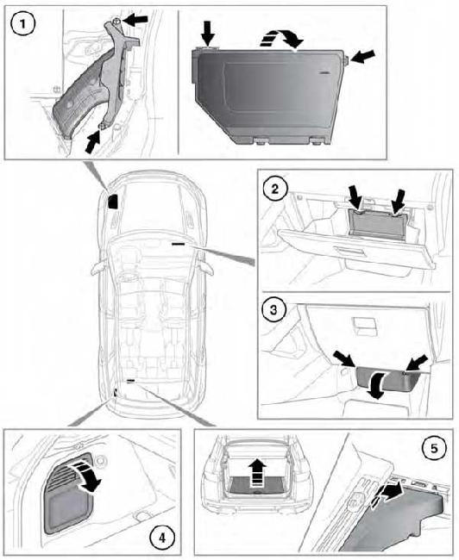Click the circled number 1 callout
pos(23,24)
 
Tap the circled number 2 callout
pos(274,189)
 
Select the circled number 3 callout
pos(274,309)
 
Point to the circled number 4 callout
pos(162,537)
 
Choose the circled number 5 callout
pos(434,448)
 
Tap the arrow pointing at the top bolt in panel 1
pos(135,21)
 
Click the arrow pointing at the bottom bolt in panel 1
pos(92,141)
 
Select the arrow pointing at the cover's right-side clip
pos(363,57)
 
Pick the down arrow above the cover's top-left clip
pos(208,33)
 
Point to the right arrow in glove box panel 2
pos(399,201)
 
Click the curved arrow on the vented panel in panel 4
pos(86,475)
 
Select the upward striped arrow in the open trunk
pos(257,472)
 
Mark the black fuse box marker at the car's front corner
pos(113,201)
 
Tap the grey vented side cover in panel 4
pos(68,495)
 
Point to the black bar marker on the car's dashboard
pos(178,245)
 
